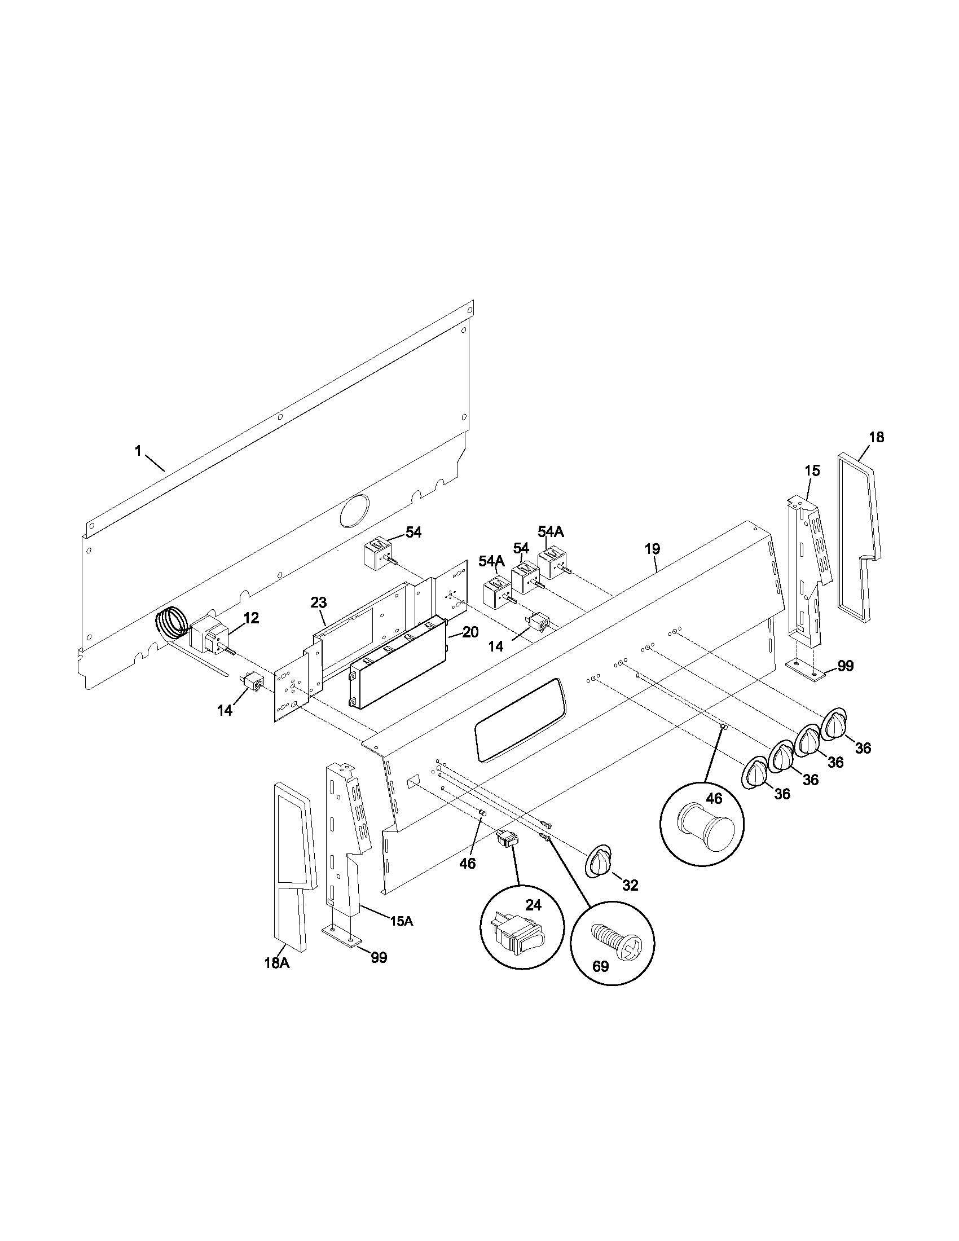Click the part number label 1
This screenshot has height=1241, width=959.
(x=138, y=451)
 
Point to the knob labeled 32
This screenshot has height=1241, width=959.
(x=598, y=865)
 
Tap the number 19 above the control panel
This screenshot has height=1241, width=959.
(x=652, y=549)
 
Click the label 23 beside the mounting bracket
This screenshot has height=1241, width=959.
(x=319, y=603)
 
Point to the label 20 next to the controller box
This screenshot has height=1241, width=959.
(x=470, y=632)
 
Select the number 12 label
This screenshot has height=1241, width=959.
(x=251, y=618)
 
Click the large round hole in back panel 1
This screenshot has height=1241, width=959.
(x=353, y=509)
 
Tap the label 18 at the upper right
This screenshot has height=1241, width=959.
(x=876, y=437)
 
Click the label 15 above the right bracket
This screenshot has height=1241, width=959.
(x=812, y=470)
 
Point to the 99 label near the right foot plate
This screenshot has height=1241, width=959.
(x=846, y=666)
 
